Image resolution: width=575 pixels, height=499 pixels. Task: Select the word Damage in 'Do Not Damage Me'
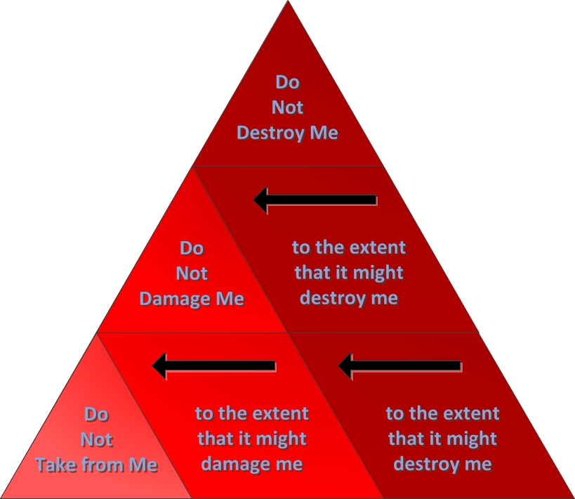click(x=175, y=299)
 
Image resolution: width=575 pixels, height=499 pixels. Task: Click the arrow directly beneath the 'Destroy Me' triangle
click(x=315, y=200)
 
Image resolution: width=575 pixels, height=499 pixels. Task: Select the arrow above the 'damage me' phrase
click(x=214, y=365)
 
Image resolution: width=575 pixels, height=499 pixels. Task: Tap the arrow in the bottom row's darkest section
click(x=400, y=365)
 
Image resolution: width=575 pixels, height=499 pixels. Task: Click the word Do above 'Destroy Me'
click(x=287, y=82)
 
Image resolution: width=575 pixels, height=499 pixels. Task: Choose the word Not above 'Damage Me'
click(x=192, y=273)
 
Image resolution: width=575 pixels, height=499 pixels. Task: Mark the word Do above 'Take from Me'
click(x=96, y=415)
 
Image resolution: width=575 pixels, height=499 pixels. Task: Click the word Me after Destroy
click(x=324, y=133)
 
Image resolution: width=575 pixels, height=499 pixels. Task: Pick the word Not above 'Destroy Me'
click(x=287, y=108)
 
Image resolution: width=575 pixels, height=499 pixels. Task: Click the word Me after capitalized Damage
click(x=230, y=299)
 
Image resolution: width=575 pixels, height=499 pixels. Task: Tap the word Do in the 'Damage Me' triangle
click(x=192, y=248)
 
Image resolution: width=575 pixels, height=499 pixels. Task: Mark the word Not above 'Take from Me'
click(x=96, y=440)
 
